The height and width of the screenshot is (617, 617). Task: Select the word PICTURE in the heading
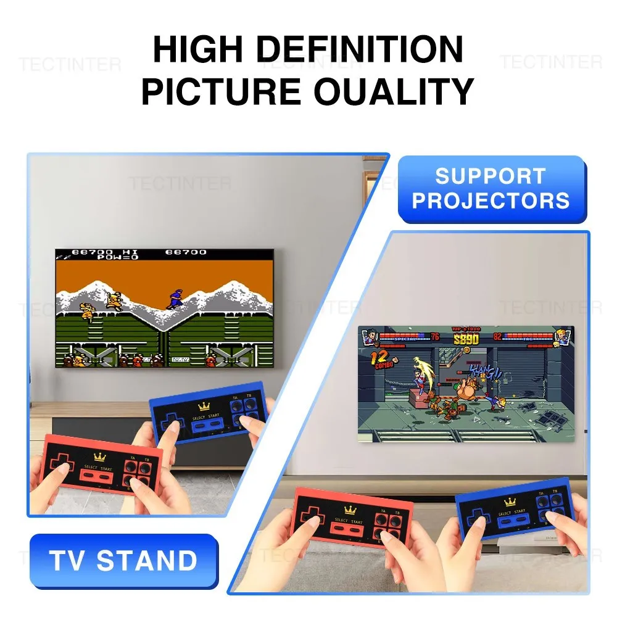tap(221, 91)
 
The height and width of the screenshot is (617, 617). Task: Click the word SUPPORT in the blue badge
tap(491, 176)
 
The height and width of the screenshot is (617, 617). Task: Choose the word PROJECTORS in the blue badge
tap(491, 201)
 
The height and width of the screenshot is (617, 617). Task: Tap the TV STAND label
tap(123, 561)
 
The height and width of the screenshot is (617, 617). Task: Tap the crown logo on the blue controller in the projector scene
tap(508, 502)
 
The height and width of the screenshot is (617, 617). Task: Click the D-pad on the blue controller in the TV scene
tap(167, 421)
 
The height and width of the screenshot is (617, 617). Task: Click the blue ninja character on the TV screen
tap(175, 300)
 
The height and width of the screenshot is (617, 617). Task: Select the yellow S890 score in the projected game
tap(466, 339)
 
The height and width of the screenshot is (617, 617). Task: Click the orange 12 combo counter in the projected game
tap(380, 358)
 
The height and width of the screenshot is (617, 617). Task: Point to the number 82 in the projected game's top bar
tap(497, 336)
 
